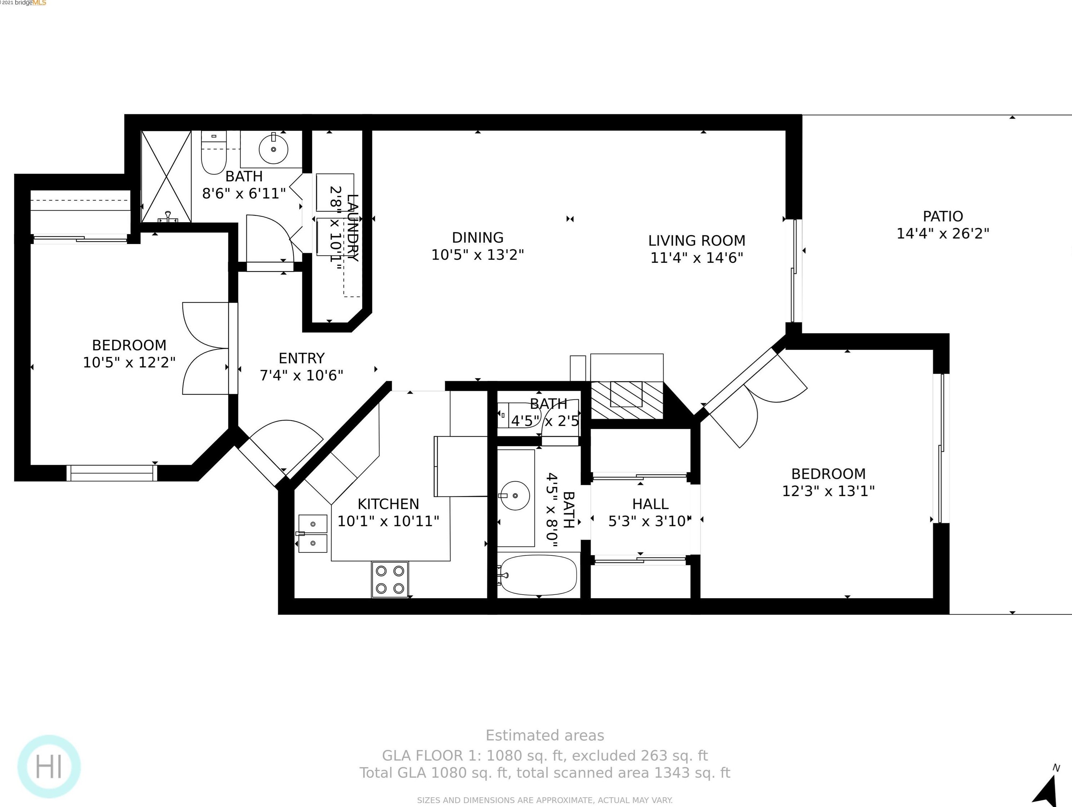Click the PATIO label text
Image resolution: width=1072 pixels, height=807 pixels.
pos(942,216)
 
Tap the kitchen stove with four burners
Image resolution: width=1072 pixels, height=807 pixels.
pos(390,579)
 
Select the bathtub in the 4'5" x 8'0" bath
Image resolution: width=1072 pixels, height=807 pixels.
pos(538,576)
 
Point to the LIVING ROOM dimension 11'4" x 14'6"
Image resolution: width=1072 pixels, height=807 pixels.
pos(696,258)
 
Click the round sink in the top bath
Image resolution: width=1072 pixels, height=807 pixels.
pos(273,149)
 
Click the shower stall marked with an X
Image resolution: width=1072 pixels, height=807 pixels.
pos(166,176)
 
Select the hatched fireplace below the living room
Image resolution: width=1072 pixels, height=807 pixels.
pos(626,400)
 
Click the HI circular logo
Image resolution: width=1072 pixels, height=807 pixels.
pos(49,767)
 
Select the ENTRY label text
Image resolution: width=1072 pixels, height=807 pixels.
pos(301,358)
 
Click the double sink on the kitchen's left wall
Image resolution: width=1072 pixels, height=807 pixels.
pos(313,534)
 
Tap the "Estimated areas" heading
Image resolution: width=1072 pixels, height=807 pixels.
pos(545,735)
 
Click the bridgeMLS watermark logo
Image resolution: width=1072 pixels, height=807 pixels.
pos(29,3)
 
